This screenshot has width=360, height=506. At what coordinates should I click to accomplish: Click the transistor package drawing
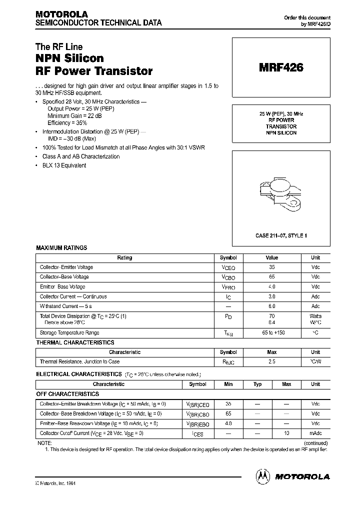point(281,194)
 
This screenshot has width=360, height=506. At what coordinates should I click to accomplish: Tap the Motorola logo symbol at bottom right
point(263,476)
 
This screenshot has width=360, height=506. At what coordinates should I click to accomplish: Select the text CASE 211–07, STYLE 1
point(281,235)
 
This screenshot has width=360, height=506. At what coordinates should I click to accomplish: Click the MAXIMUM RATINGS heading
point(61,248)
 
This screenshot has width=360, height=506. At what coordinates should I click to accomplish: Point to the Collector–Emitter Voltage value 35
point(271,267)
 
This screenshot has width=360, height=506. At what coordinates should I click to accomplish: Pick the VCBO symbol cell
point(228,277)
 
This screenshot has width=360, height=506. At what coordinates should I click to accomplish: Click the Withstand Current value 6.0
point(271,306)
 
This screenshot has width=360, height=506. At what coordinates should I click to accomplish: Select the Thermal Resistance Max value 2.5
point(271,361)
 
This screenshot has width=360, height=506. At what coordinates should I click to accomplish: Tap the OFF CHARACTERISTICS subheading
point(67,394)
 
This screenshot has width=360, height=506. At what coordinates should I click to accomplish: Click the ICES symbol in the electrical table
point(198,434)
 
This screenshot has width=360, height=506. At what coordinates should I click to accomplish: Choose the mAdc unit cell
point(315,433)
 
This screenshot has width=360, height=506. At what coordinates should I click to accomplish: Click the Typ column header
point(257,384)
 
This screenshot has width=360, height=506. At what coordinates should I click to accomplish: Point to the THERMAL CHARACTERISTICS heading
point(75,343)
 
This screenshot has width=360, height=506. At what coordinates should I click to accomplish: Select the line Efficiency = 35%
point(67,122)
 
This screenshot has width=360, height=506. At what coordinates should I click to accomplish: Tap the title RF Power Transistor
point(94,71)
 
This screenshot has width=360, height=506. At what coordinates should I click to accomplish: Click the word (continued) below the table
point(315,443)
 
